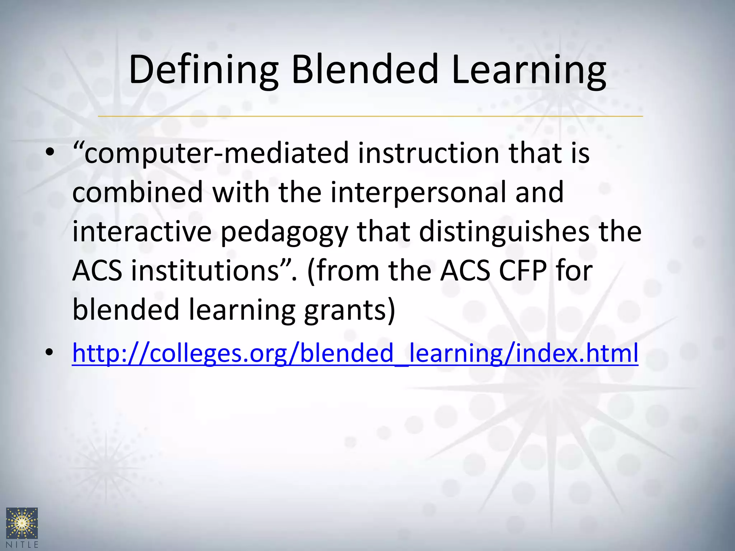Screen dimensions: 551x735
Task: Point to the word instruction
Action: point(429,153)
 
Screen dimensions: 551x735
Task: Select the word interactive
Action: point(142,231)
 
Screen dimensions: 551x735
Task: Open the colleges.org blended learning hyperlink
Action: point(355,353)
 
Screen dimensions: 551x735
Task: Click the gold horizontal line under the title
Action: point(370,116)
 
